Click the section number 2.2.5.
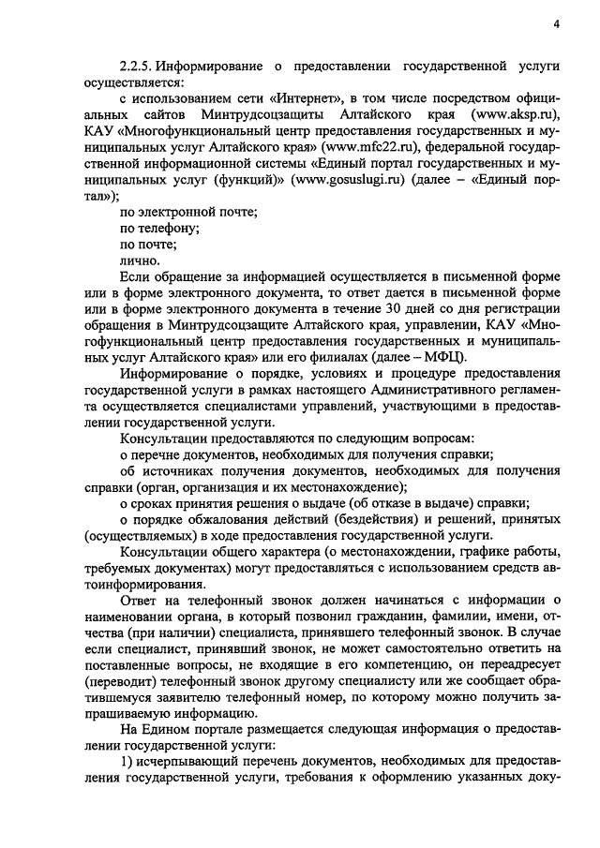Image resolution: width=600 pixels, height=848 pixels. (136, 68)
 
